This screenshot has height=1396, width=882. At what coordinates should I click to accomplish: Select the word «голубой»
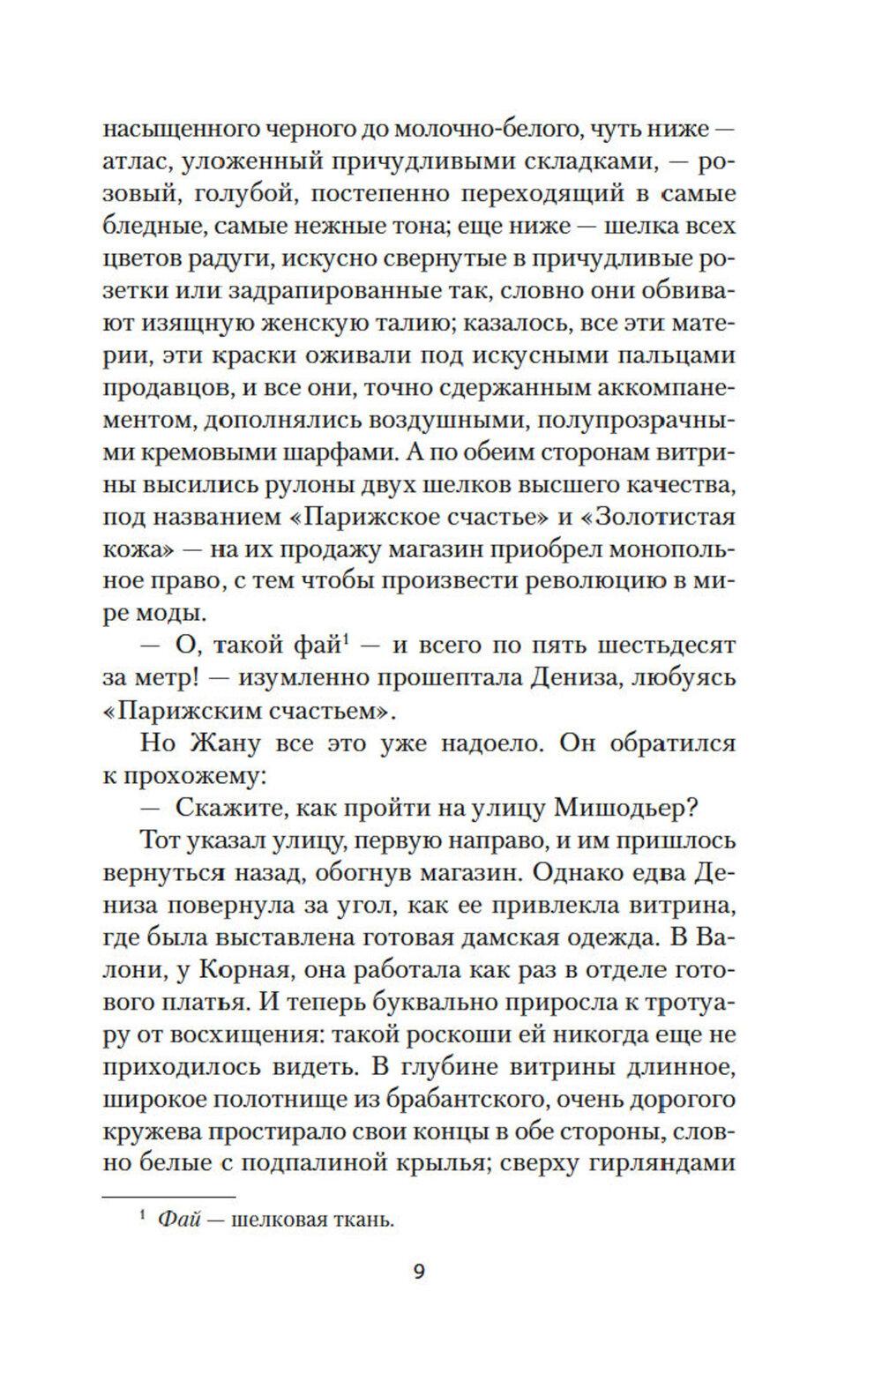(x=240, y=195)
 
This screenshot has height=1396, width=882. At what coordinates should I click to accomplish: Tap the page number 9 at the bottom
(x=419, y=1296)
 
